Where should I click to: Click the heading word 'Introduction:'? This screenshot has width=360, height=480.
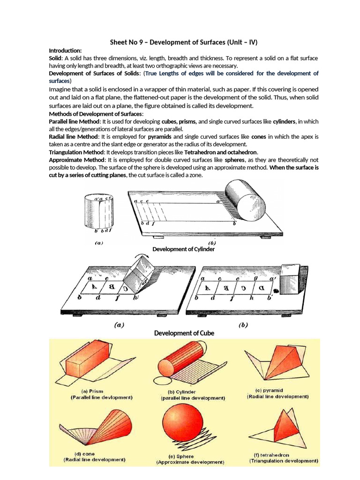(x=65, y=51)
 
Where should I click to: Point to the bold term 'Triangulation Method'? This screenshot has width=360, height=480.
(x=76, y=152)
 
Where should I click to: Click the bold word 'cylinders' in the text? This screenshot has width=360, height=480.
(x=284, y=121)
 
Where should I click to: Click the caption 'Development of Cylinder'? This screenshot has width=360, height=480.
(x=184, y=249)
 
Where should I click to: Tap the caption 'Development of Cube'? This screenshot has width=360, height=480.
(x=184, y=333)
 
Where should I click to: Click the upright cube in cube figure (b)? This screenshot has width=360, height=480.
(x=290, y=280)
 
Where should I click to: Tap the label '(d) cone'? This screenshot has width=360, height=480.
(x=84, y=454)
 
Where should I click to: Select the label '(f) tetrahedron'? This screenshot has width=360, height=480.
(x=271, y=455)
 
